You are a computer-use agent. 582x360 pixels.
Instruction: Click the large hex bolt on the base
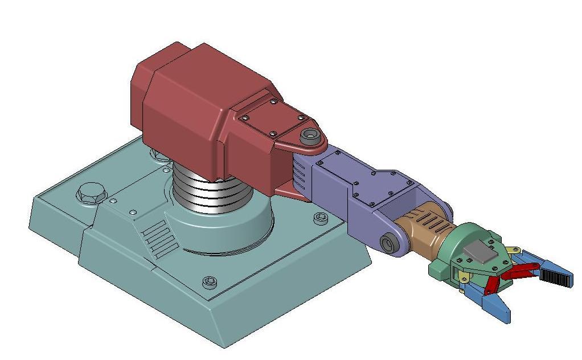click(x=91, y=194)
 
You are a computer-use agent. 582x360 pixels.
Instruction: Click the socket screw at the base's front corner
click(x=210, y=281)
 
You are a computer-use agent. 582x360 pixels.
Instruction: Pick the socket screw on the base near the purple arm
click(x=320, y=217)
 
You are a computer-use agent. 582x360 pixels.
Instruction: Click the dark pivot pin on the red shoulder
click(x=310, y=136)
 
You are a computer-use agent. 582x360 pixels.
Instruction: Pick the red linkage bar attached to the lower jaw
click(x=491, y=284)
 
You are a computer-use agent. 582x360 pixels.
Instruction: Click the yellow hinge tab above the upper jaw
click(x=514, y=250)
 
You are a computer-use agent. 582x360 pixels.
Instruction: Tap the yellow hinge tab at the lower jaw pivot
click(x=464, y=277)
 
